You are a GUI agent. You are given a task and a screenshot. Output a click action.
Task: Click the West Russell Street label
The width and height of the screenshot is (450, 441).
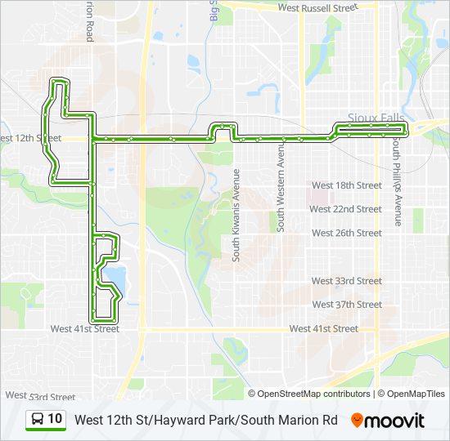[x=318, y=7]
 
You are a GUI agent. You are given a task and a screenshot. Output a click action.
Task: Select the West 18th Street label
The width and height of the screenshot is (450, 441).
[x=346, y=185]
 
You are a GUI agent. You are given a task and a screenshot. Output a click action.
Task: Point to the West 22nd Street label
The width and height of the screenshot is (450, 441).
[x=346, y=209]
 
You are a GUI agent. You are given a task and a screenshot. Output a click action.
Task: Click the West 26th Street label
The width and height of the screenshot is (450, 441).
[x=346, y=233]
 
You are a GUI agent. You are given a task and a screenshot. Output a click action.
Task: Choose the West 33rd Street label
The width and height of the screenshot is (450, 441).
[x=346, y=281]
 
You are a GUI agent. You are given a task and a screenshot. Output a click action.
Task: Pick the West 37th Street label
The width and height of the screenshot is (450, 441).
[x=346, y=305]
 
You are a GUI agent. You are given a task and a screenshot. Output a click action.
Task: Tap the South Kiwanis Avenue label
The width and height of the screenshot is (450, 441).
[x=236, y=215]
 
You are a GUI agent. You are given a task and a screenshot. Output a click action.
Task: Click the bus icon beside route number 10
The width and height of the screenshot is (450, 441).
[x=38, y=420]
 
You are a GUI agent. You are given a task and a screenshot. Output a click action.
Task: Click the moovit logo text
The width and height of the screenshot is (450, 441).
[x=395, y=421]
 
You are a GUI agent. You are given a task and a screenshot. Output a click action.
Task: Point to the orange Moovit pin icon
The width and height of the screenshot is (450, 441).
[x=357, y=421]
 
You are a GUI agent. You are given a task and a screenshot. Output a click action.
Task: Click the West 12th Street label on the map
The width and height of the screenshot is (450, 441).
[x=31, y=139]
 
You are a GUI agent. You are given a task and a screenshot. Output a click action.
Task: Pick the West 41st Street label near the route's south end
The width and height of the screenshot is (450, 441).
[x=84, y=329]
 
